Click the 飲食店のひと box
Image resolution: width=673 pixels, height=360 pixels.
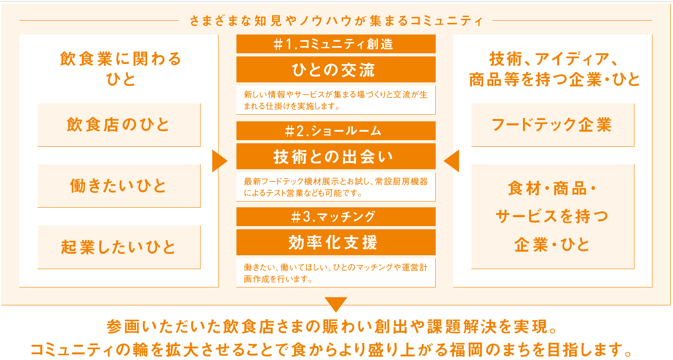[119, 125]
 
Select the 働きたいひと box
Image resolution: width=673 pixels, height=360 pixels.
[119, 186]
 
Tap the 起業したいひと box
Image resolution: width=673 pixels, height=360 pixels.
[119, 247]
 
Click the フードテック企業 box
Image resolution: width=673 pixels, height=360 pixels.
[553, 125]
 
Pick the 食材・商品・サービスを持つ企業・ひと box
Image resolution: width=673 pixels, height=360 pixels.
[553, 217]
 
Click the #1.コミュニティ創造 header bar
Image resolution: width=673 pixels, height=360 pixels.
[336, 44]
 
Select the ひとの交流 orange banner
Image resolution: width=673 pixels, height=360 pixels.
[336, 69]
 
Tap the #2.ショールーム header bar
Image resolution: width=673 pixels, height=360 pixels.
[336, 131]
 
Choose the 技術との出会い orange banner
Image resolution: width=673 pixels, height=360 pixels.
[336, 156]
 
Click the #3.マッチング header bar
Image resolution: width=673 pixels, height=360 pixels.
[336, 217]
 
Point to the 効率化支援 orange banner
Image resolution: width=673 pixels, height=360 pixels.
[336, 242]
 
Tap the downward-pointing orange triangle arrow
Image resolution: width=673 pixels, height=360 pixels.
[336, 304]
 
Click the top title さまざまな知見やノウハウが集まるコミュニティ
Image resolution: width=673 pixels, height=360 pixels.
[335, 21]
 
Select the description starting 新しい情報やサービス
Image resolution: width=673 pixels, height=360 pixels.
[336, 101]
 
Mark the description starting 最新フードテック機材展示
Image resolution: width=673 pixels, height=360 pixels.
[336, 187]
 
